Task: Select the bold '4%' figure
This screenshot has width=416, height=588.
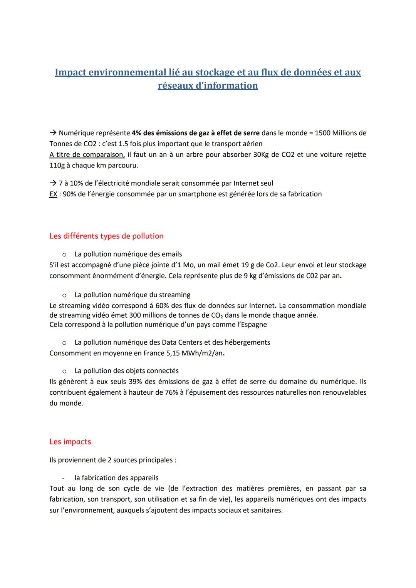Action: pos(137,133)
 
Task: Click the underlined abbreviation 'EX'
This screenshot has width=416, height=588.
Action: pos(53,194)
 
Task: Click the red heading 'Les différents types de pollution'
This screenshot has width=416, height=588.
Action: pos(106,236)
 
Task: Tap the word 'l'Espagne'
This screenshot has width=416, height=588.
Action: pos(250,325)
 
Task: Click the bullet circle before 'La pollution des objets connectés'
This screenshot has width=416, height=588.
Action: pos(65,371)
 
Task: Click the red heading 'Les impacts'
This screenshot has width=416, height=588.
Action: pos(70,442)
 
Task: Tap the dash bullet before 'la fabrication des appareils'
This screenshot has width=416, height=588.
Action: pos(65,478)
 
